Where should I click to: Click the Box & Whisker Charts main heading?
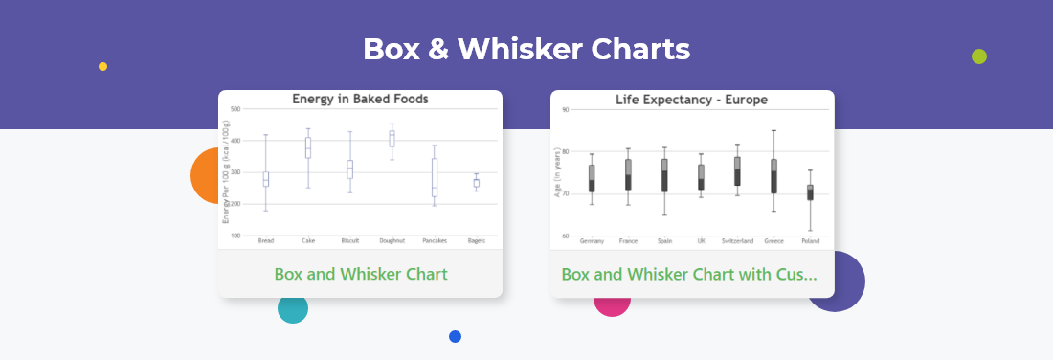[526, 50]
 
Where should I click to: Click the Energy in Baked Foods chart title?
[360, 99]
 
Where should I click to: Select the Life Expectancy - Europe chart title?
[691, 100]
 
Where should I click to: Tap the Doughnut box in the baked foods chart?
[392, 139]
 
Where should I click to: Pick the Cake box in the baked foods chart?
[308, 147]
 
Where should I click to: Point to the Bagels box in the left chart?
[476, 183]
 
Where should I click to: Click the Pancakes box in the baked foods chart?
[434, 177]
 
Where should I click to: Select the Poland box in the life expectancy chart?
[810, 192]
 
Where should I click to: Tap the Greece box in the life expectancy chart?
[773, 176]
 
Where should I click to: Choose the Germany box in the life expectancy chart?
[592, 178]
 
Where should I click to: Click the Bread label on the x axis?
[266, 241]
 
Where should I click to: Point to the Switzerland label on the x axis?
[737, 241]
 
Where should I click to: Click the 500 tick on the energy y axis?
[235, 109]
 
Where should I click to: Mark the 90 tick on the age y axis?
[565, 110]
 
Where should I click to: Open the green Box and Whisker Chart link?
[360, 274]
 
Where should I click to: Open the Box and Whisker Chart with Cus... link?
[689, 274]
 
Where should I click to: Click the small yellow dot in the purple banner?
[102, 67]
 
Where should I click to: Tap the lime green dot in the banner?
[978, 56]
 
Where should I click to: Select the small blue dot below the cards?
[455, 336]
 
